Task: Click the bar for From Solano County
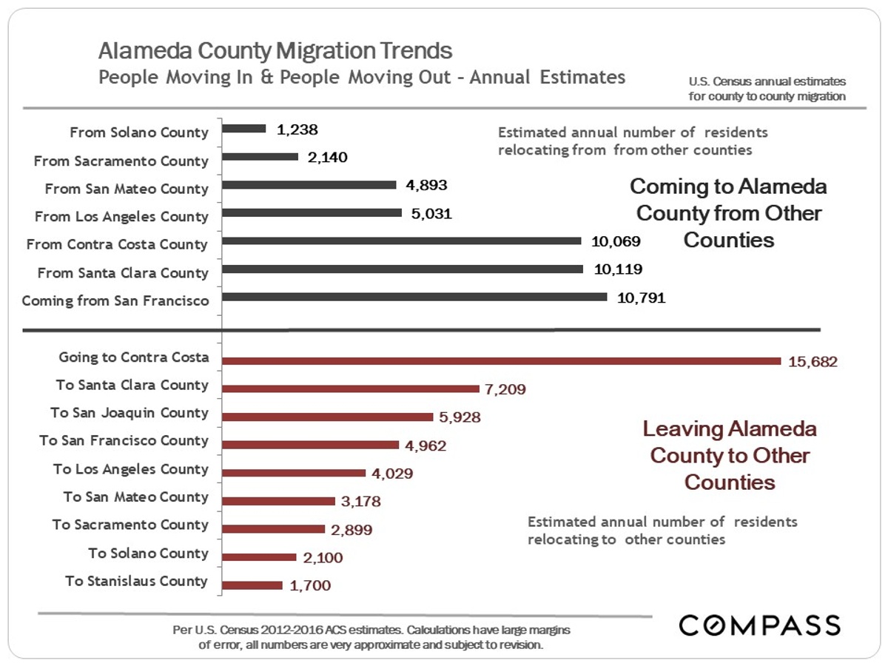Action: [x=244, y=129]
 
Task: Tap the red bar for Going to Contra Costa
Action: [x=501, y=361]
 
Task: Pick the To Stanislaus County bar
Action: [x=252, y=585]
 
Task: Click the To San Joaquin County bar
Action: [x=327, y=417]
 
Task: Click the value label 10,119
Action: [x=618, y=270]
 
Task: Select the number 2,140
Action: [x=326, y=157]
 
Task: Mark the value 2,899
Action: [x=351, y=530]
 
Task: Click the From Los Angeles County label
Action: [x=121, y=217]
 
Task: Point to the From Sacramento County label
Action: [x=121, y=161]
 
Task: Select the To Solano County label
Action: [x=148, y=553]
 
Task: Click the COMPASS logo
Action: [x=760, y=625]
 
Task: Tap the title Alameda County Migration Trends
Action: [x=275, y=51]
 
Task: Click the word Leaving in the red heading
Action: [x=681, y=428]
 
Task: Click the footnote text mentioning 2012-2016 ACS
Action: [x=370, y=630]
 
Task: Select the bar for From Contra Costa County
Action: [x=401, y=240]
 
